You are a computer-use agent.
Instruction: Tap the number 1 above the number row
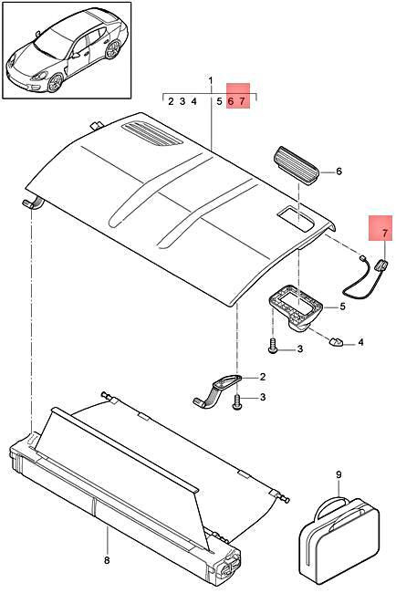tap(210, 83)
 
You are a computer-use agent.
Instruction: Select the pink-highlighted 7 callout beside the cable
tap(384, 233)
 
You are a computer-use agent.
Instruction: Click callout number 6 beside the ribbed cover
tap(339, 171)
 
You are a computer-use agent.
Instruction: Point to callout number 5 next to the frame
tap(342, 307)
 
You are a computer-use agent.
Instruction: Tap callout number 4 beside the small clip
tap(360, 342)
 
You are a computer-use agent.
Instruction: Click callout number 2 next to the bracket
tap(262, 376)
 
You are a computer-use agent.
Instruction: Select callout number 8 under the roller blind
tap(106, 560)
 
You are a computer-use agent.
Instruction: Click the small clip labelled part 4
tap(338, 343)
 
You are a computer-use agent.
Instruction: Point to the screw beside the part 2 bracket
tap(239, 401)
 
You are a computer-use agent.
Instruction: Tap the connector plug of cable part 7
tap(382, 266)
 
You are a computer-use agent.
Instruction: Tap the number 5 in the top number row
tap(219, 102)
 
